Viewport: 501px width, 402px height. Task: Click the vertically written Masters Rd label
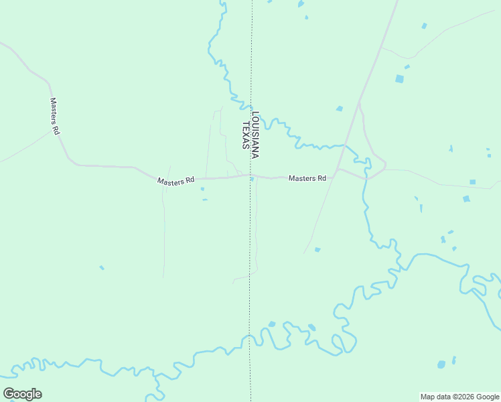click(55, 117)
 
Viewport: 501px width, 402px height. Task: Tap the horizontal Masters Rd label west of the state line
click(175, 180)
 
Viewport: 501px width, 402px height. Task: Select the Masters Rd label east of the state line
click(307, 178)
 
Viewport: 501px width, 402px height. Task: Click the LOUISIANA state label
click(255, 135)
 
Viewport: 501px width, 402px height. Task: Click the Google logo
click(23, 393)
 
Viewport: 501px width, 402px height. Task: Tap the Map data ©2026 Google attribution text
click(460, 397)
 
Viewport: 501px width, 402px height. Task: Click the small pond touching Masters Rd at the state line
click(252, 178)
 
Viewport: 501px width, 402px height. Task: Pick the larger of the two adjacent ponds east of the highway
click(400, 79)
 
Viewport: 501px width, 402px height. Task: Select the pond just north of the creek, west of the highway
click(340, 109)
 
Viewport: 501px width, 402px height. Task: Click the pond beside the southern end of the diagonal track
click(317, 250)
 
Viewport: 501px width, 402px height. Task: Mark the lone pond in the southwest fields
click(102, 268)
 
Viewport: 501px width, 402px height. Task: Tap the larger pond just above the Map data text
click(441, 364)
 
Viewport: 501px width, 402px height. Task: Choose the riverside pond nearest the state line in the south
click(272, 324)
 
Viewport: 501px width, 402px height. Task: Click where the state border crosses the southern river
click(250, 337)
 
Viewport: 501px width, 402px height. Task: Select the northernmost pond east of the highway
click(424, 26)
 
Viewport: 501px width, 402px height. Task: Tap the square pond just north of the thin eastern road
click(473, 182)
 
